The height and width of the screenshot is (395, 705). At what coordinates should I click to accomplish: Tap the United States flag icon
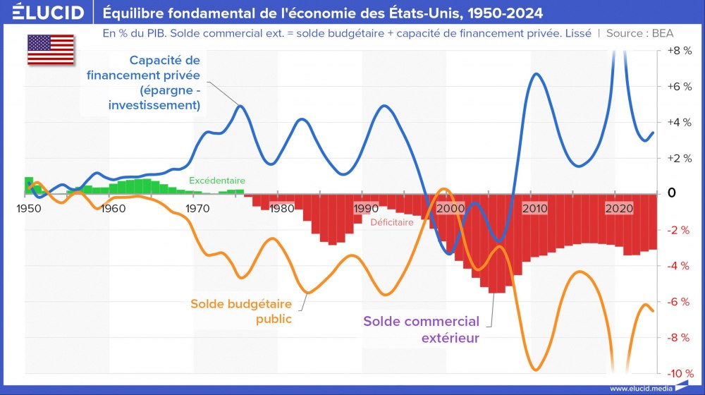point(51,49)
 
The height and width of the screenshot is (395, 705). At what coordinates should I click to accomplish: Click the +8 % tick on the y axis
point(678,51)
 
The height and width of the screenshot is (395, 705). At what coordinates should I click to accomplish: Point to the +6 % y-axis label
point(678,87)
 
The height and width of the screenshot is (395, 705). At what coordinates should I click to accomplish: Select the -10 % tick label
point(678,373)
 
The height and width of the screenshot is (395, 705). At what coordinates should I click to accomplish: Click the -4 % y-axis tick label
point(678,266)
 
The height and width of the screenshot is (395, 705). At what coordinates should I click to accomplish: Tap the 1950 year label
point(29,209)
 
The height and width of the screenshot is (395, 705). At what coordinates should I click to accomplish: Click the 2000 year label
point(450,209)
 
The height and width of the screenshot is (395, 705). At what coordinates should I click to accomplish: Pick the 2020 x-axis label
point(619,209)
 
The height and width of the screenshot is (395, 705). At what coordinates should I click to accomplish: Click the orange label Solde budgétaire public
point(241,311)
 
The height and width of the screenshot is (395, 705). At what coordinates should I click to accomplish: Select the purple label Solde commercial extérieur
point(421,329)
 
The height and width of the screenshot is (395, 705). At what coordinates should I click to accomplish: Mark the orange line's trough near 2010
point(535,369)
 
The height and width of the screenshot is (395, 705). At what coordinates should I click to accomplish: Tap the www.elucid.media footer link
point(641,388)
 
